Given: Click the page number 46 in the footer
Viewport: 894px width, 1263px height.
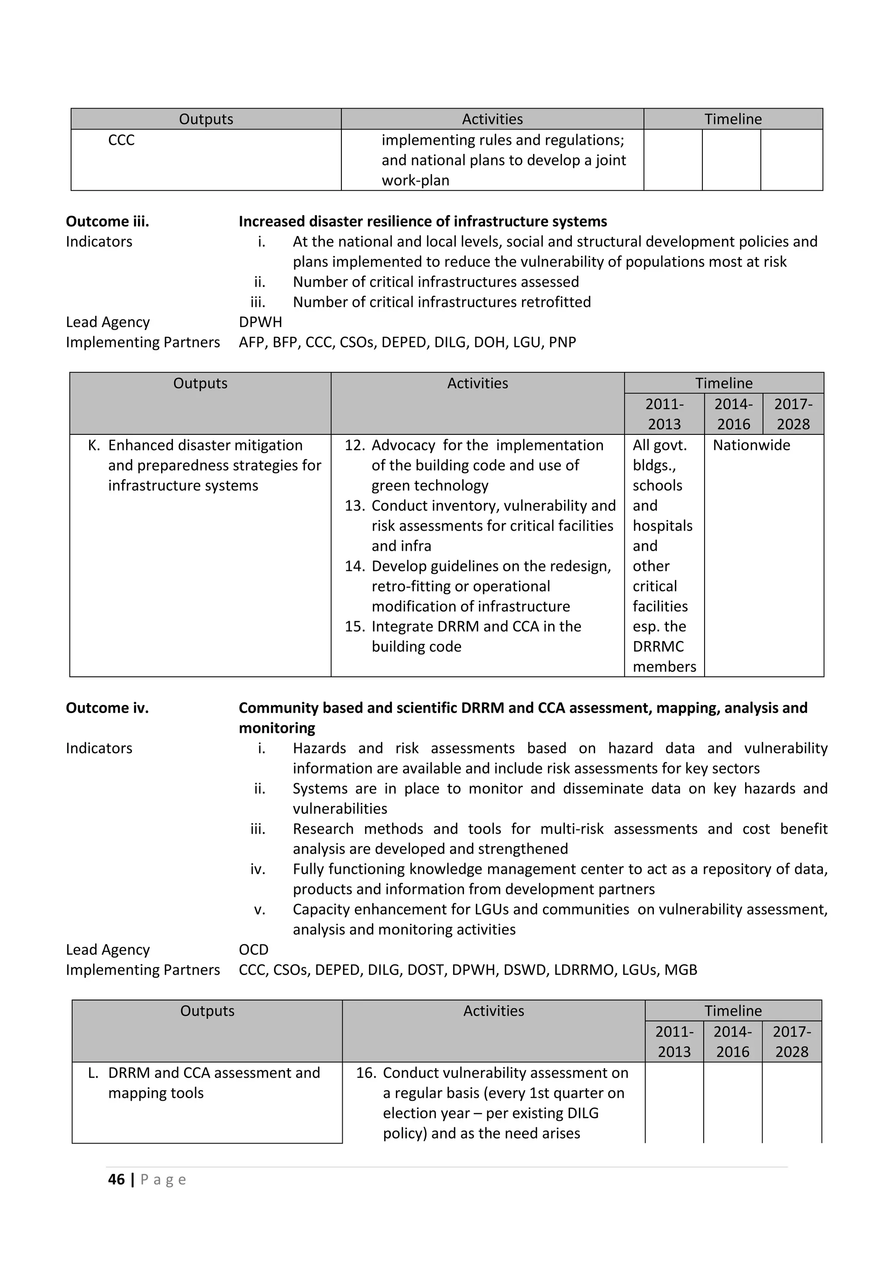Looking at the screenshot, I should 116,1179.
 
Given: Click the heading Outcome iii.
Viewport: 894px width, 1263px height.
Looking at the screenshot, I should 107,222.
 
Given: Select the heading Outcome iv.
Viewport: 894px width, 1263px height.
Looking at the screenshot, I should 107,708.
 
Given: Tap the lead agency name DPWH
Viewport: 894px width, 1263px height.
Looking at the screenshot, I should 260,322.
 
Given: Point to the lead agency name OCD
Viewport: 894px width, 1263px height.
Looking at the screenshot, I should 254,950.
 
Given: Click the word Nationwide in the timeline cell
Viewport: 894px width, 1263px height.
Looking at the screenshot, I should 751,446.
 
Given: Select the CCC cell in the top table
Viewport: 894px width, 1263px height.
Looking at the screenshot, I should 121,140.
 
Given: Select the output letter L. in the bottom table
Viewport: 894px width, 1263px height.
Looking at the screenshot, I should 93,1073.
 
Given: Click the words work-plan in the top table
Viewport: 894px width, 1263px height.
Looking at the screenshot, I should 416,181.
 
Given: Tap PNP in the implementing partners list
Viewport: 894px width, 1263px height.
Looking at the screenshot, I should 562,342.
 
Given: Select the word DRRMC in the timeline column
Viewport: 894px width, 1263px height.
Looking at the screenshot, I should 658,647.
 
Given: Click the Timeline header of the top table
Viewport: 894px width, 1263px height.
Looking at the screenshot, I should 733,119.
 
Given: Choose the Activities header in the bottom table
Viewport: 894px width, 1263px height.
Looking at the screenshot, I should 493,1011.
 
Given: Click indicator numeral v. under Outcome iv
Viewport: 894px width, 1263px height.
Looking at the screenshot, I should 260,910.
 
